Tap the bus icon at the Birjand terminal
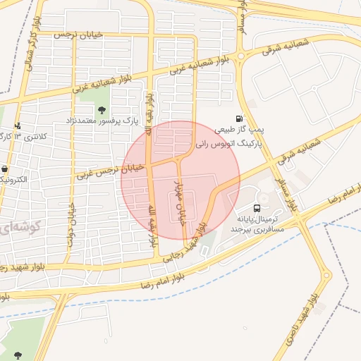257,209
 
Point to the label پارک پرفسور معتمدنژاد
104,121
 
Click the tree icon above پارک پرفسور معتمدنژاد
103,109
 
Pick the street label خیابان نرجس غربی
111,171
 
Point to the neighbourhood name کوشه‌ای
21,228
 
